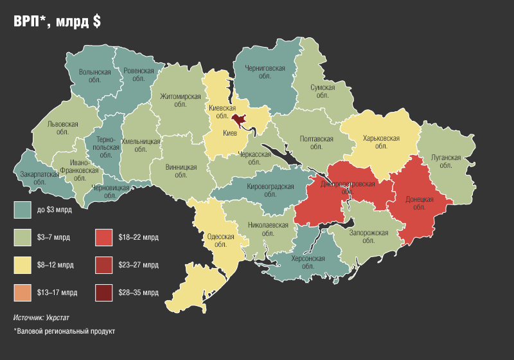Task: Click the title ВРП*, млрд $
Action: pyautogui.click(x=57, y=21)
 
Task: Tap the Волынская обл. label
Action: pyautogui.click(x=94, y=76)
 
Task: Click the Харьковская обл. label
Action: pyautogui.click(x=381, y=142)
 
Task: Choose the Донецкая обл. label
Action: pyautogui.click(x=420, y=203)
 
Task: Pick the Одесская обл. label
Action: pyautogui.click(x=220, y=240)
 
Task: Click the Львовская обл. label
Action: pyautogui.click(x=63, y=127)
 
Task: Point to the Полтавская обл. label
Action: pyautogui.click(x=316, y=142)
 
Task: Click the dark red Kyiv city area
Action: pyautogui.click(x=240, y=120)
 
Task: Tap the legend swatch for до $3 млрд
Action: pyautogui.click(x=23, y=210)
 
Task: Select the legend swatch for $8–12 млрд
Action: pyautogui.click(x=23, y=264)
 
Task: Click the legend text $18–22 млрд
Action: pyautogui.click(x=138, y=237)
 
